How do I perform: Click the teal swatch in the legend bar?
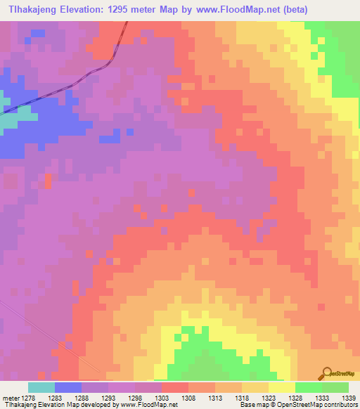pyautogui.click(x=41, y=387)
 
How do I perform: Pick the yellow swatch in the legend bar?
pyautogui.click(x=281, y=387)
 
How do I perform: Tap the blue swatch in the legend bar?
pyautogui.click(x=67, y=387)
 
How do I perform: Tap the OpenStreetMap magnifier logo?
pyautogui.click(x=327, y=373)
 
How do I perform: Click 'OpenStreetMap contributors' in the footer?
pyautogui.click(x=326, y=405)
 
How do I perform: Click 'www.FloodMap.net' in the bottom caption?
pyautogui.click(x=148, y=405)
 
